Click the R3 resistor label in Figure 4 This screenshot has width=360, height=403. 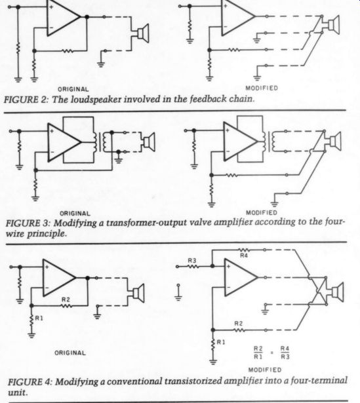[192, 260]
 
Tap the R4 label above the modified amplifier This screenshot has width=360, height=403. [244, 256]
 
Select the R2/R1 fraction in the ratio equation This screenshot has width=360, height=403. [258, 353]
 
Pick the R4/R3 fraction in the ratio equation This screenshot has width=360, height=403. [285, 353]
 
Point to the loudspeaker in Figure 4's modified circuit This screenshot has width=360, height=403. [335, 292]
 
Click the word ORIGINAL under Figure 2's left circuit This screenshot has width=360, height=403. [73, 89]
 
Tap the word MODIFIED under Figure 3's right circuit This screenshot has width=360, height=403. [262, 212]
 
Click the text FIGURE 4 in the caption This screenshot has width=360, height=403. [30, 381]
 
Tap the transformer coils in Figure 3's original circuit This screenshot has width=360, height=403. [100, 142]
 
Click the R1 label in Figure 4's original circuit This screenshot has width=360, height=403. [39, 318]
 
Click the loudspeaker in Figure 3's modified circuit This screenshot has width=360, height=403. [333, 141]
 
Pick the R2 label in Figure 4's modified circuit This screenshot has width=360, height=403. [239, 323]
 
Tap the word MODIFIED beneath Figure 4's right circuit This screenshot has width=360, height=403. [265, 370]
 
